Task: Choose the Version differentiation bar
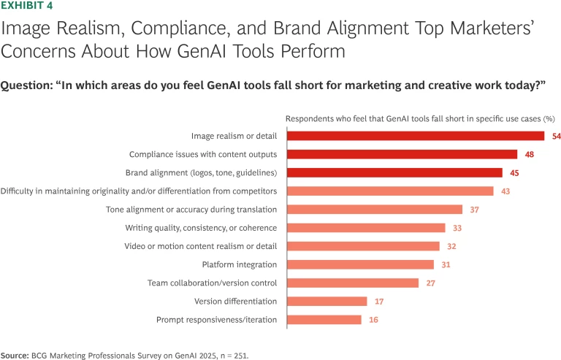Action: tap(327, 301)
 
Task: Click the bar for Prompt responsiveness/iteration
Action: tap(324, 320)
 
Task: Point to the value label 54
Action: tap(556, 136)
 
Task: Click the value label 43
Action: tap(505, 191)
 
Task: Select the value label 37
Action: tap(474, 210)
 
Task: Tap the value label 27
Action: tap(430, 283)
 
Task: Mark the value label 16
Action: tap(373, 320)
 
